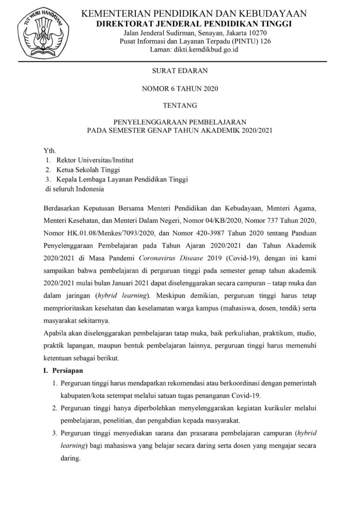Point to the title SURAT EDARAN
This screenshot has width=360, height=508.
point(180,71)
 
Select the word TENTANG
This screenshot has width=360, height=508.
point(180,105)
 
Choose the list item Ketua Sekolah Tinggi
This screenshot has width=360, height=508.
point(88,170)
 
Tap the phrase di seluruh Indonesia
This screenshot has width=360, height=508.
point(75,189)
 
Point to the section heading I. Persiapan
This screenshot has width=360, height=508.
point(65,371)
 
